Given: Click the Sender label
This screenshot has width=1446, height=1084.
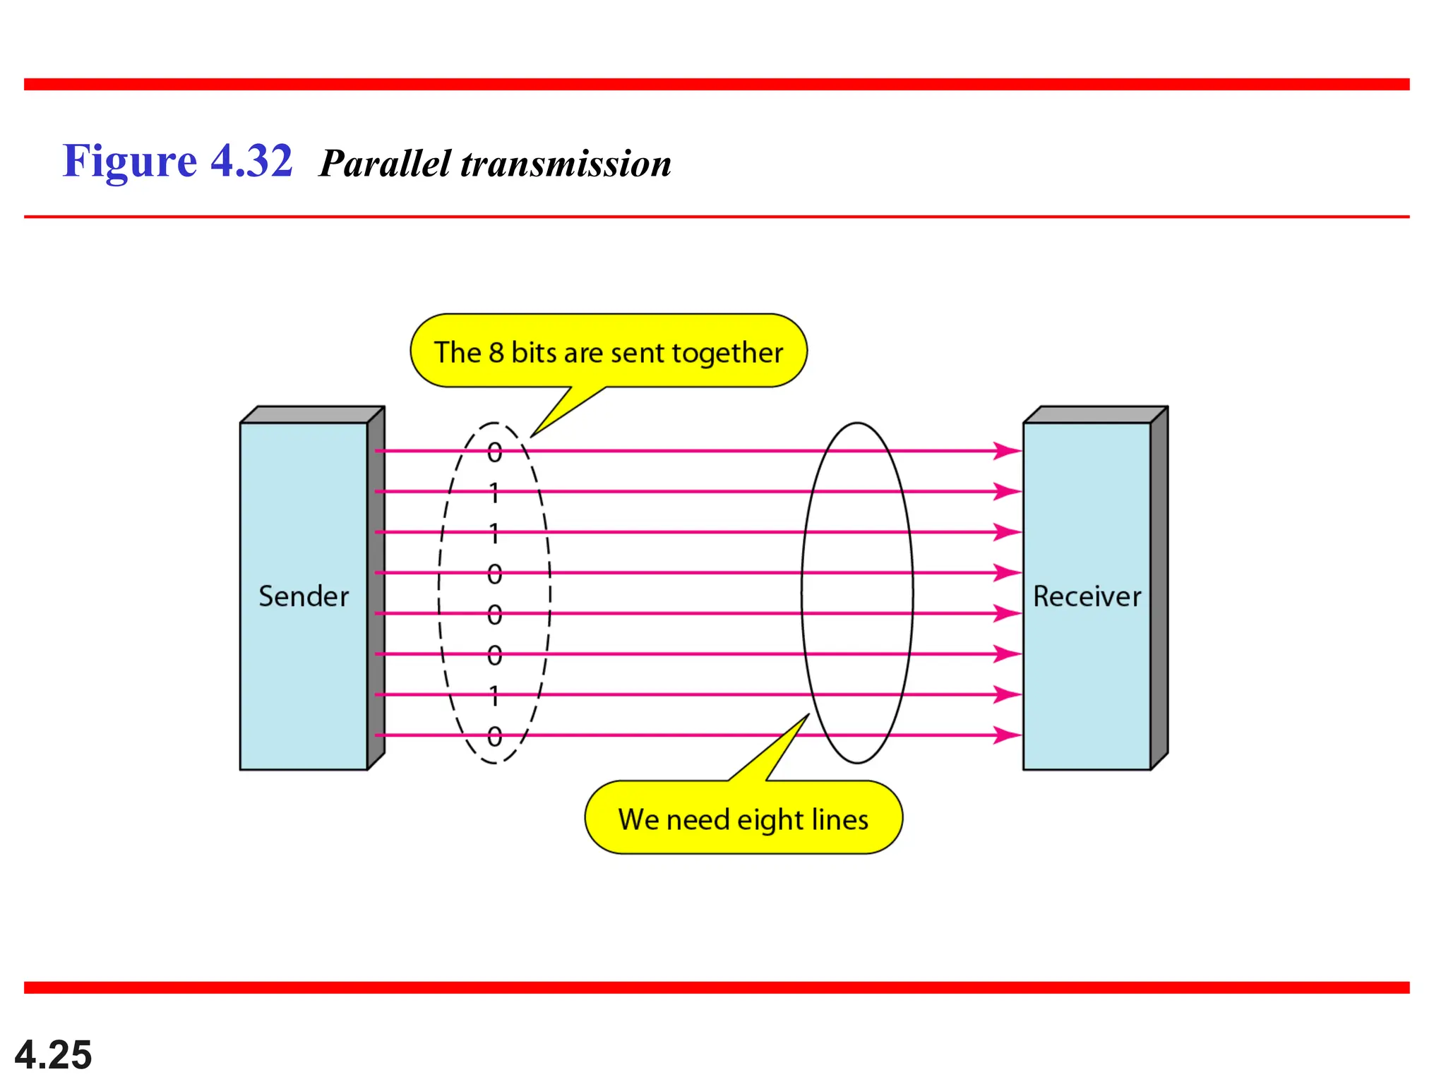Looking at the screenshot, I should [304, 596].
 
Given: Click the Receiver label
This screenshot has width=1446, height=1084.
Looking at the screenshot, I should [1087, 596].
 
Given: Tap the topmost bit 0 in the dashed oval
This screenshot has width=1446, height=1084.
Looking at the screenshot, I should [494, 452].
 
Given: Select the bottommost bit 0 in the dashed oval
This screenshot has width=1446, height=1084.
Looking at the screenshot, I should [494, 737].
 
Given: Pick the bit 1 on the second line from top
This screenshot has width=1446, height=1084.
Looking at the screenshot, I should [494, 492].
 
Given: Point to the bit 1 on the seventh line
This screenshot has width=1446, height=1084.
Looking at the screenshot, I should [494, 696].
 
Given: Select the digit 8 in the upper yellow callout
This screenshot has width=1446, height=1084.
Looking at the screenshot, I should [496, 352].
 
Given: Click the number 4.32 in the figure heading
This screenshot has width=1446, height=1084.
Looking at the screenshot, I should [251, 161].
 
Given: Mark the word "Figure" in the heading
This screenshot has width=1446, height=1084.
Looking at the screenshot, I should [130, 162].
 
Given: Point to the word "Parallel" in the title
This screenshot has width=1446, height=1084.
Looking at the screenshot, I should [385, 164].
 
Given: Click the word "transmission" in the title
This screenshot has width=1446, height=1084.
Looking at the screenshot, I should [566, 164].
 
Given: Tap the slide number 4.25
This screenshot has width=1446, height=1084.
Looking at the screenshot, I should [53, 1054].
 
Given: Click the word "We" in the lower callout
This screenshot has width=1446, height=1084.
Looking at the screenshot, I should [638, 819].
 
